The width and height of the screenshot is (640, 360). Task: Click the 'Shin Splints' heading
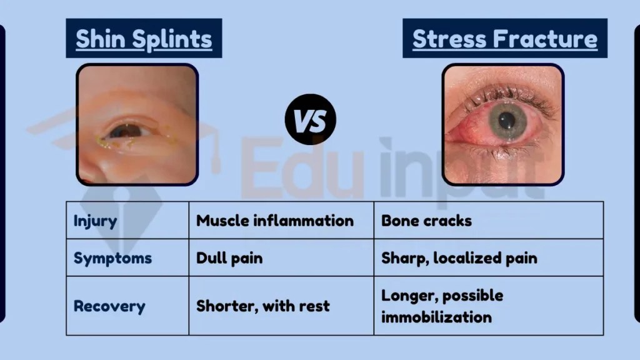coord(144,39)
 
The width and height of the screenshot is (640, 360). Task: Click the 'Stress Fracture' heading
coord(504,39)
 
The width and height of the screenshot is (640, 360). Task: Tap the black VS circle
coord(311,121)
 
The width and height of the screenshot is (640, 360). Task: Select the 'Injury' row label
coord(95,221)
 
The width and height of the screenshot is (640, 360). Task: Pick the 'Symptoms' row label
coord(112,257)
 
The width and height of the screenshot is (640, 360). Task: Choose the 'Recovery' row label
coord(109,306)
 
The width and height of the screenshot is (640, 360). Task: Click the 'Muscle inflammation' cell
coord(274,221)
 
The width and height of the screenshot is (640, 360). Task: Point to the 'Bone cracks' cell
coord(426,221)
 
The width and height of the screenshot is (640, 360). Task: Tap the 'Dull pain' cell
coord(229,257)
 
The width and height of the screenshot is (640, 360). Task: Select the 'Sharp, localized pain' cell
coord(459,257)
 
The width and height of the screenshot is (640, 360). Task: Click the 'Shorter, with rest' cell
coord(262,306)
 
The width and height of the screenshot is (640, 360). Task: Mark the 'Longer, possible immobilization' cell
coord(442,306)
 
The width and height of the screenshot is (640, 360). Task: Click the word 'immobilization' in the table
coord(436,316)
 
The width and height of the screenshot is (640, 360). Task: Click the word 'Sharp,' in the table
coord(402,257)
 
